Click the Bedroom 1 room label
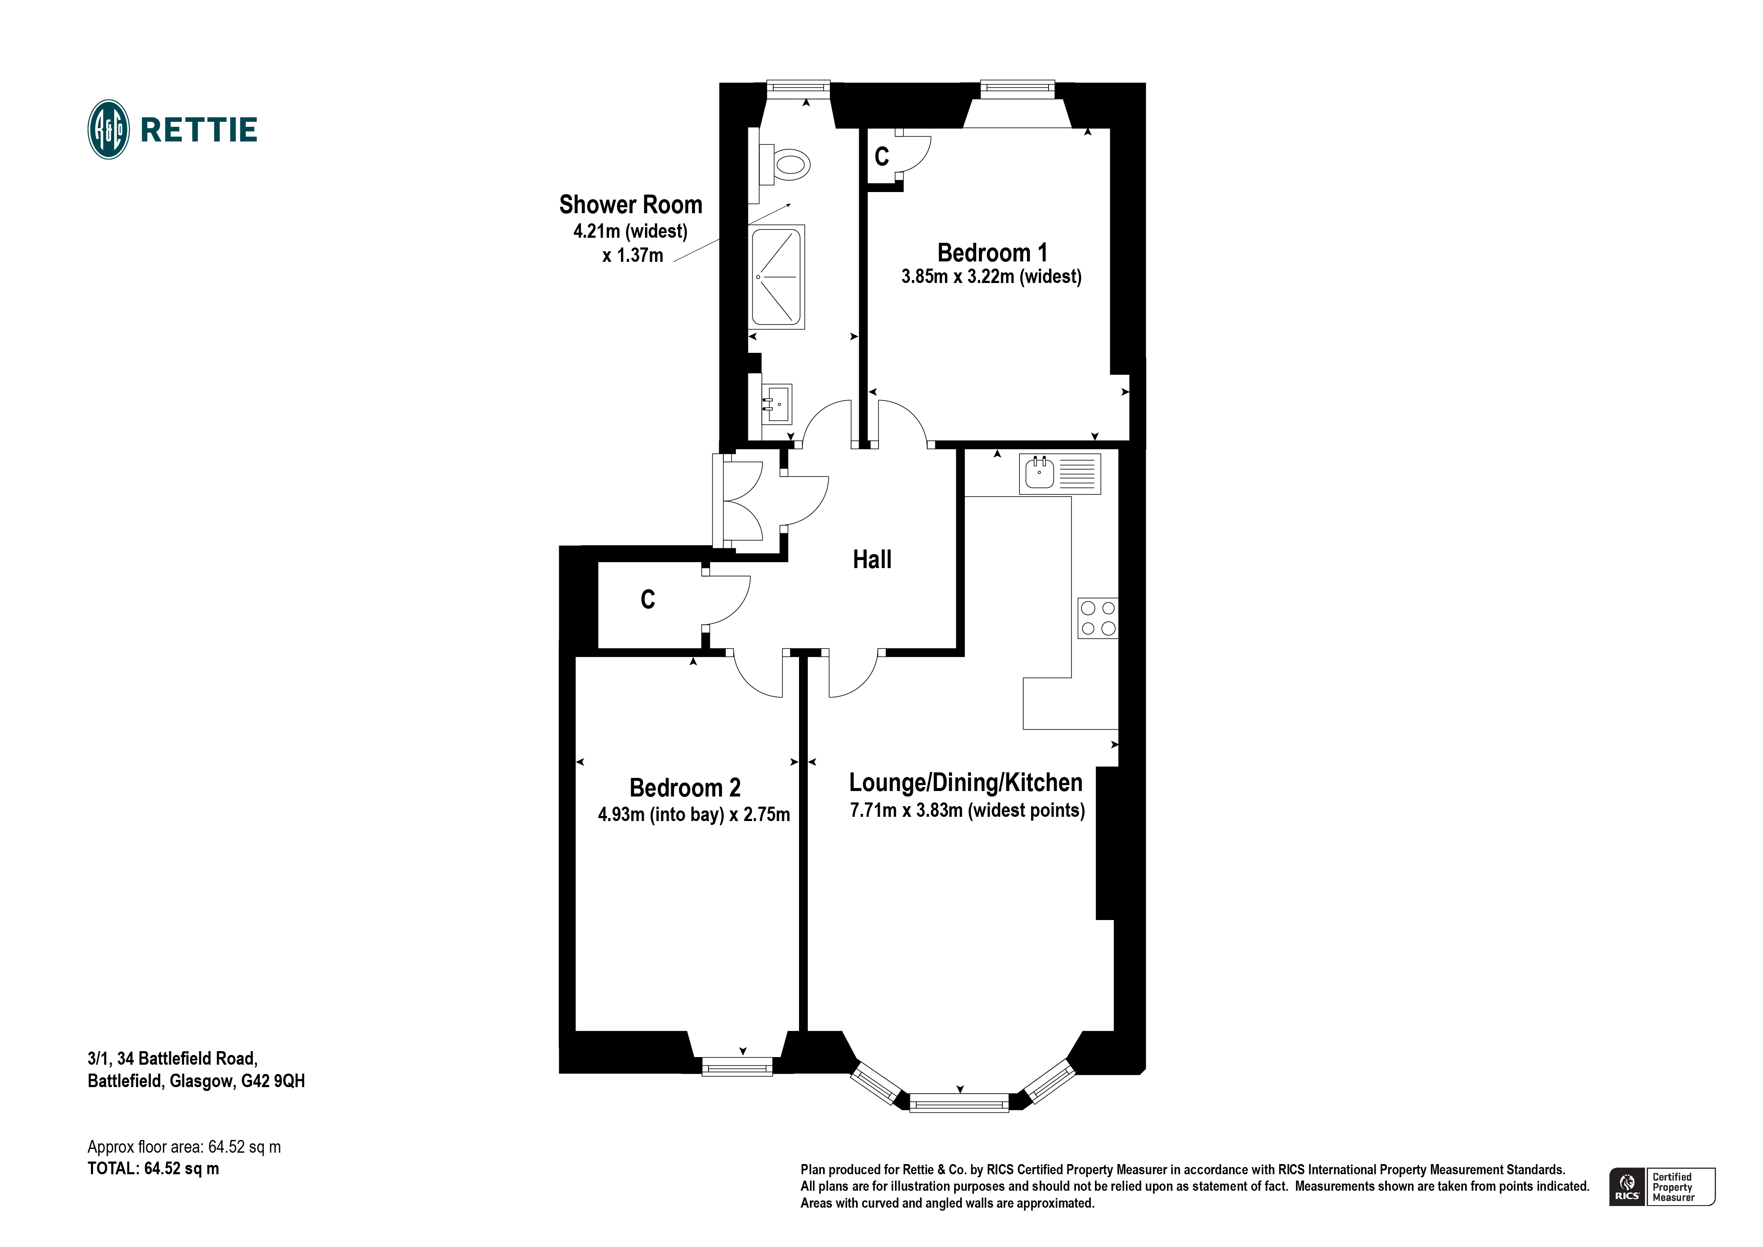click(x=991, y=253)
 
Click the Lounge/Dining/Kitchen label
click(x=965, y=783)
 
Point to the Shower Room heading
click(x=630, y=205)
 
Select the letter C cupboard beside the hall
click(x=648, y=600)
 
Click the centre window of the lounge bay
click(x=959, y=1103)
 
